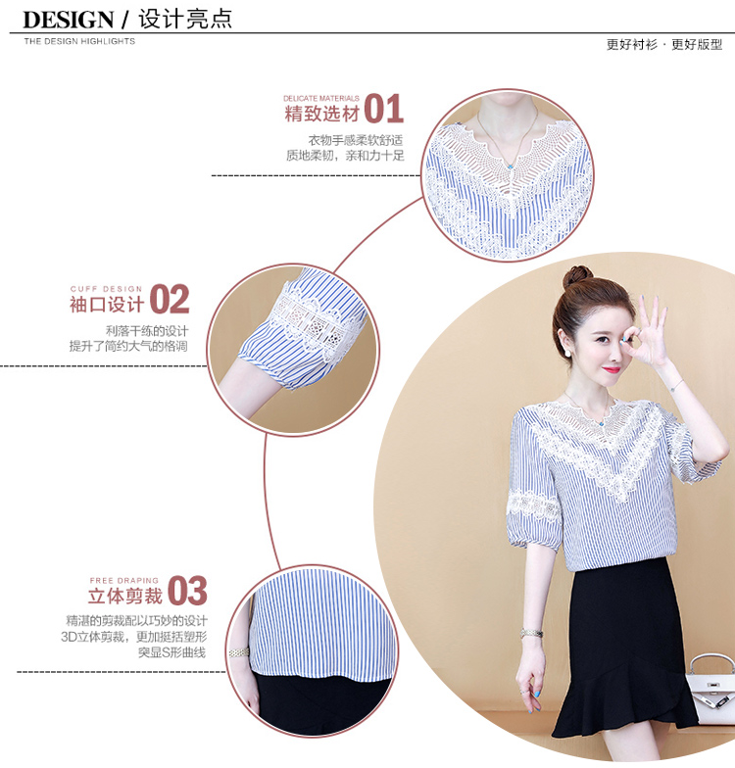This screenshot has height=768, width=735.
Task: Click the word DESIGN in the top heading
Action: click(69, 20)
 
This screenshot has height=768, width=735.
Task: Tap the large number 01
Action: click(384, 109)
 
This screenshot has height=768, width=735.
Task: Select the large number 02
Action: click(169, 299)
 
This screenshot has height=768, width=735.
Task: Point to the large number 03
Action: click(188, 591)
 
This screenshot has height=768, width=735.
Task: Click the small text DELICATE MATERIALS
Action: click(321, 98)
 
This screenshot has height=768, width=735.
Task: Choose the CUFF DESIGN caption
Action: click(106, 289)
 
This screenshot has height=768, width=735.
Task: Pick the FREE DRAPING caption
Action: click(123, 580)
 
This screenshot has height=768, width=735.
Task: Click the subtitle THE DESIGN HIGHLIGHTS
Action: click(79, 41)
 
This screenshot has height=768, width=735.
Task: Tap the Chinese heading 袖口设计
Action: click(106, 305)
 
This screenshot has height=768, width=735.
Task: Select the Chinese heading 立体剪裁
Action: click(125, 596)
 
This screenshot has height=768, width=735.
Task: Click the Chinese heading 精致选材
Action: click(321, 114)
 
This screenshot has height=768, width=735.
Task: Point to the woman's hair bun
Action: click(577, 276)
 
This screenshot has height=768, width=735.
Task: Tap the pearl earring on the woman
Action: click(568, 351)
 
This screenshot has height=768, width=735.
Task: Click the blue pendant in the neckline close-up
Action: click(510, 167)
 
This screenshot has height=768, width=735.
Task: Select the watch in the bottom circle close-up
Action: click(239, 652)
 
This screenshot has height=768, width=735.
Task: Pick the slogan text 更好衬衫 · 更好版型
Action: click(664, 45)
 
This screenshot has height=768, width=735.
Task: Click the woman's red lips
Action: click(612, 368)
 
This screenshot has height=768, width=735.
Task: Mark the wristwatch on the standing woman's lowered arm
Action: click(531, 633)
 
